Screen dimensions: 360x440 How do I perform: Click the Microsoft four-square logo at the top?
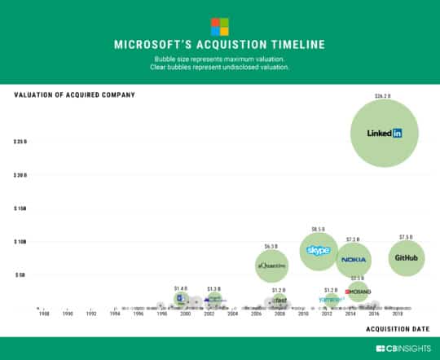click(220, 25)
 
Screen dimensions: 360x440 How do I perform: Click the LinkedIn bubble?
click(385, 134)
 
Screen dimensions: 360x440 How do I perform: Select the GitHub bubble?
click(406, 258)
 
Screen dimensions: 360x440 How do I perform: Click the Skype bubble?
click(318, 251)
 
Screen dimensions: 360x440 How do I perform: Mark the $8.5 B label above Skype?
click(318, 229)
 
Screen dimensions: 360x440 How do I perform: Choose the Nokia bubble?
click(354, 260)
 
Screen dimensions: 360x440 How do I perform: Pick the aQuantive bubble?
click(271, 266)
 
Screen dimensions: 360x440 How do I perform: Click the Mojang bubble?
click(358, 292)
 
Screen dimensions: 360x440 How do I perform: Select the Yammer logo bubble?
click(331, 300)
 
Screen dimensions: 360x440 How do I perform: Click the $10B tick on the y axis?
click(20, 242)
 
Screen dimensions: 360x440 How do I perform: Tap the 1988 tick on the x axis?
click(43, 314)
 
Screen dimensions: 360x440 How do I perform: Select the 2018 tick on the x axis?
click(398, 314)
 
